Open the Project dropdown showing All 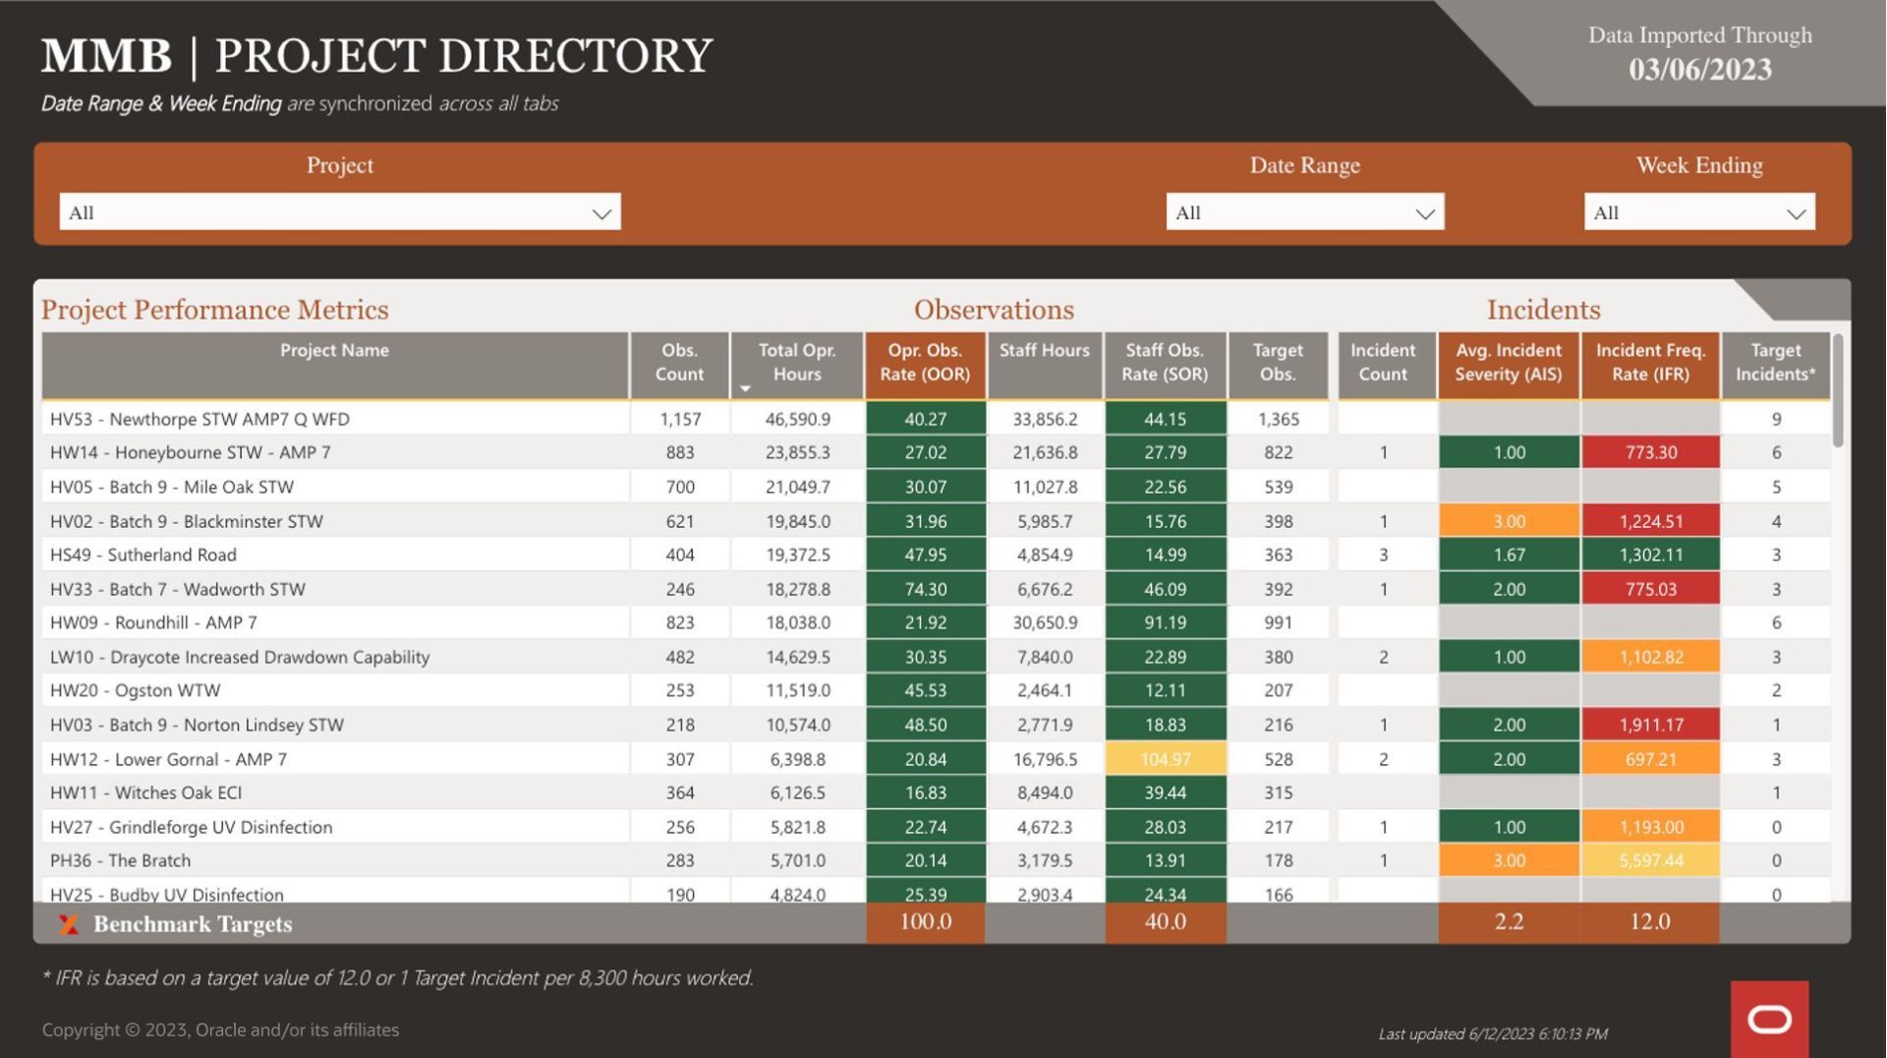[339, 212]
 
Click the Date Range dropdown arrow [1424, 213]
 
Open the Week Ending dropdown [1698, 212]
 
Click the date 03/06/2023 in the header [1699, 70]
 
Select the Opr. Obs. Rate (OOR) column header [925, 363]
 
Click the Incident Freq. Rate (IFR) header [1649, 363]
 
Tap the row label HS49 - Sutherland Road [143, 555]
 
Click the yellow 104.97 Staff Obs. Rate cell [1165, 759]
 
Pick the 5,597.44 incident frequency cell [1650, 860]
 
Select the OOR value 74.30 [925, 589]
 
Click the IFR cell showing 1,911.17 [1650, 725]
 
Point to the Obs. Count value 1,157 [680, 419]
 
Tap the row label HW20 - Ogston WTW [136, 690]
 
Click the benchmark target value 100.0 [925, 922]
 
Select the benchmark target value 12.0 [1649, 922]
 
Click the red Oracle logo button [1769, 1019]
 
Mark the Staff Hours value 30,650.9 [1045, 622]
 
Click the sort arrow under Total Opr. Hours [745, 389]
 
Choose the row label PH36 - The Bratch [121, 860]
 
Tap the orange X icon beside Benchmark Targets [68, 924]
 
